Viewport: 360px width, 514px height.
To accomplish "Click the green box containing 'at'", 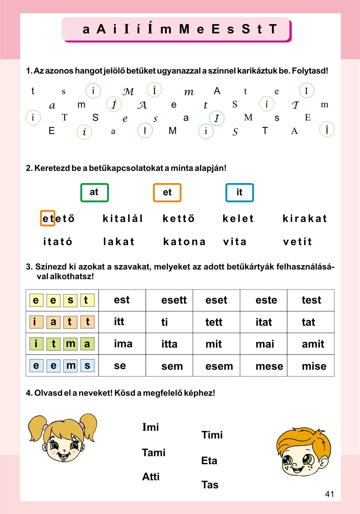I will coord(94,192).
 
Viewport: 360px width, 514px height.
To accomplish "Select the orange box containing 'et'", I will coord(167,192).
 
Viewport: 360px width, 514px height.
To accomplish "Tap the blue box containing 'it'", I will coord(240,192).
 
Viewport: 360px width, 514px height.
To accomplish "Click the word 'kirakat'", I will coord(305,218).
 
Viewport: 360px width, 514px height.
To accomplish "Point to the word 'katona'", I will coord(184,242).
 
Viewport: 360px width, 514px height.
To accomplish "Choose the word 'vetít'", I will coord(297,242).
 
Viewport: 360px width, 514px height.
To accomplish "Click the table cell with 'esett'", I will coord(174,300).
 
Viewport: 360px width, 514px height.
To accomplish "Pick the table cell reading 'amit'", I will coord(313,344).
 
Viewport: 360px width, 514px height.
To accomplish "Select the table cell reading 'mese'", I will coord(269,366).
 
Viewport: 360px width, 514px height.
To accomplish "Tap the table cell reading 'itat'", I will coord(264,322).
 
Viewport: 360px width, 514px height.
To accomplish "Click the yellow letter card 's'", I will coord(70,300).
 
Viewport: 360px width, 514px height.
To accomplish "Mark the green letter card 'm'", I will coord(70,344).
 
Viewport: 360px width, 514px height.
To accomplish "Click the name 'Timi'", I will coord(212,435).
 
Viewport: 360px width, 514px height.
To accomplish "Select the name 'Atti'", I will coord(151,477).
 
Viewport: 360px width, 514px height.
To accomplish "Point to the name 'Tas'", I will coord(210,485).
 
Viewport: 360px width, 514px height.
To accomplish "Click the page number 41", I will coord(329,494).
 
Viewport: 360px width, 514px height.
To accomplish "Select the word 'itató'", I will coord(58,242).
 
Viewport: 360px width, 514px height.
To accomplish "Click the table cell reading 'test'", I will coord(311,300).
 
